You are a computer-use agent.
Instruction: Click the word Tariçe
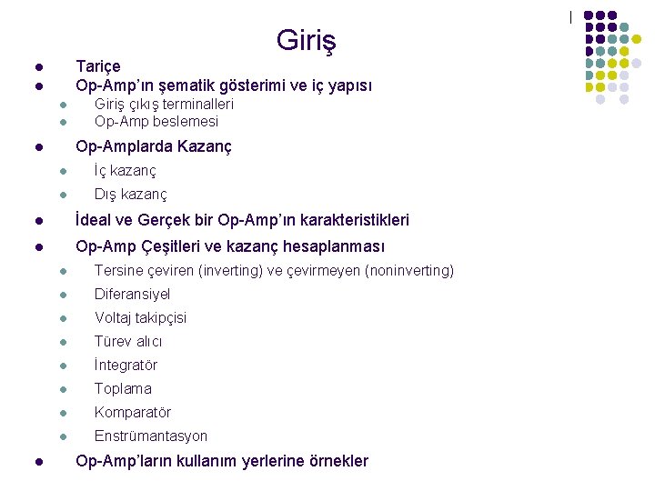pos(97,66)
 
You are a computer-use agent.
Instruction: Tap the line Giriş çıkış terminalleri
pos(164,105)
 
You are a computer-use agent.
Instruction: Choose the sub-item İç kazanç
pos(126,171)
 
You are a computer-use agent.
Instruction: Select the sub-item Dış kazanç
pos(131,195)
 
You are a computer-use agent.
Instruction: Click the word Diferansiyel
pos(133,295)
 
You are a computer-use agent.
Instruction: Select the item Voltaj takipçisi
pos(140,318)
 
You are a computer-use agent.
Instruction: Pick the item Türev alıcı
pos(128,342)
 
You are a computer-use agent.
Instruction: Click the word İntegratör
pos(126,366)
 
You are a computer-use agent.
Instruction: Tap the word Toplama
pos(123,389)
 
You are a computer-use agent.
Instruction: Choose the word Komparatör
pos(133,413)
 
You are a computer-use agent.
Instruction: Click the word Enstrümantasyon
pos(151,436)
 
